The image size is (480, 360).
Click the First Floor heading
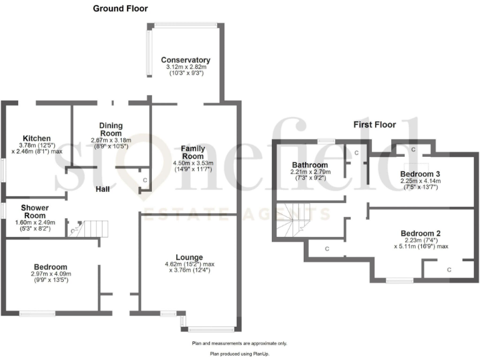tap(374, 125)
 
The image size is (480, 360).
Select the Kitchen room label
tap(36, 138)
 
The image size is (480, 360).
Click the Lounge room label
tap(188, 256)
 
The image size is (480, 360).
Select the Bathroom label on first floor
tap(309, 166)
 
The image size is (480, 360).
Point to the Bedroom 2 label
tap(420, 233)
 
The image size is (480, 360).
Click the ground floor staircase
tap(94, 228)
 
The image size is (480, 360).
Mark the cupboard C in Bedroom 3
tap(413, 150)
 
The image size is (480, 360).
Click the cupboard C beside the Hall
tap(144, 181)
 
